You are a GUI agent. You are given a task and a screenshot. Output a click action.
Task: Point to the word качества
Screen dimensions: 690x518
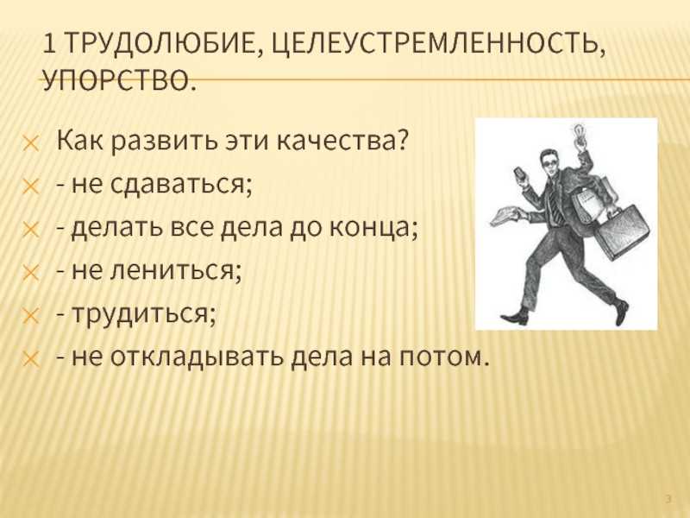click(336, 140)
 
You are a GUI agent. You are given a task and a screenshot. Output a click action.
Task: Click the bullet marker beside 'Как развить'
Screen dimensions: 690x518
click(31, 143)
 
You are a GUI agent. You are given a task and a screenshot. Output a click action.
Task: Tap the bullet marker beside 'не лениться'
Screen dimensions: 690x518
click(31, 273)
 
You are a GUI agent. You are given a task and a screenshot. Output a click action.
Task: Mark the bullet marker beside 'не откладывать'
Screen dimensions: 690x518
click(31, 359)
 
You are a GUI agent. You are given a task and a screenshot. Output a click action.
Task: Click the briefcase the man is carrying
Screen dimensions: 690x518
click(622, 231)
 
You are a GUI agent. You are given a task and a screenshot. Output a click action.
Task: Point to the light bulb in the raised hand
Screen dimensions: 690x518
click(578, 132)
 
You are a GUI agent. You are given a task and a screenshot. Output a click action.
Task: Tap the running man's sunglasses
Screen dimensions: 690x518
click(549, 163)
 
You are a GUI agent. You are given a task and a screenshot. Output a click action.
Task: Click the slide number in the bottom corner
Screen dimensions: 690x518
click(668, 499)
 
